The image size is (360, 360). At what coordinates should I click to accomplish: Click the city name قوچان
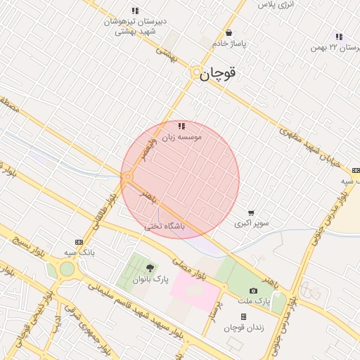coord(219,72)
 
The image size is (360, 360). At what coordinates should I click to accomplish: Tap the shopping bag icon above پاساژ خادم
coord(229,32)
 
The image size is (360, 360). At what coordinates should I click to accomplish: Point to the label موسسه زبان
coord(182,138)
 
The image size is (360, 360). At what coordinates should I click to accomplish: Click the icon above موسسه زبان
coord(181,127)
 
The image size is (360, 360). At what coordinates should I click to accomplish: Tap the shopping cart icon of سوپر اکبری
coord(251,213)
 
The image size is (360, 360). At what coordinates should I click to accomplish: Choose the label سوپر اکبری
coord(251,224)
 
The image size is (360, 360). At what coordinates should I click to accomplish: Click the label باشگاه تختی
coord(165,226)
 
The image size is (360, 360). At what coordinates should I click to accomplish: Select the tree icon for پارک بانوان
coord(150,268)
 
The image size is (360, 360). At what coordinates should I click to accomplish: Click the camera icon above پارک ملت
coord(253,290)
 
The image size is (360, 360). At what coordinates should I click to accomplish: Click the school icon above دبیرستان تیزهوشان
coord(135,11)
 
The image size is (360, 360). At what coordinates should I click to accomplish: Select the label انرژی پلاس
coord(276,5)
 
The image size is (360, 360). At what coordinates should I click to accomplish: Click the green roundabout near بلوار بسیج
coord(66,269)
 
